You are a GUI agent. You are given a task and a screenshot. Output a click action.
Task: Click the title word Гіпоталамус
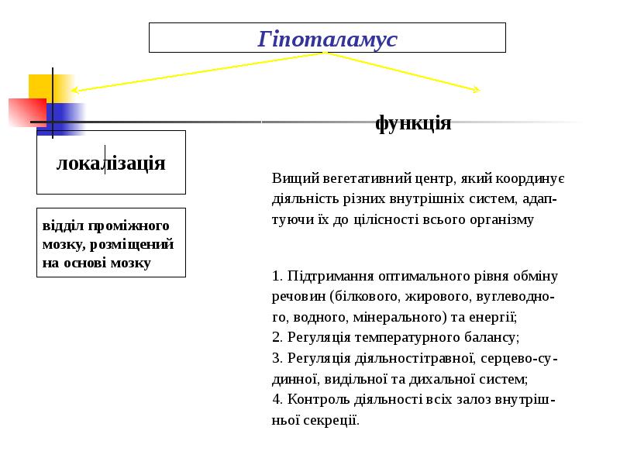click(327, 38)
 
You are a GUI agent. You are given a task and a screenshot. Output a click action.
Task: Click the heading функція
click(413, 122)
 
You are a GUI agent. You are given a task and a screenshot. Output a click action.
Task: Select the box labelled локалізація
click(111, 163)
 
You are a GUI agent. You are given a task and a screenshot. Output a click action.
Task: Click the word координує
click(535, 178)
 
